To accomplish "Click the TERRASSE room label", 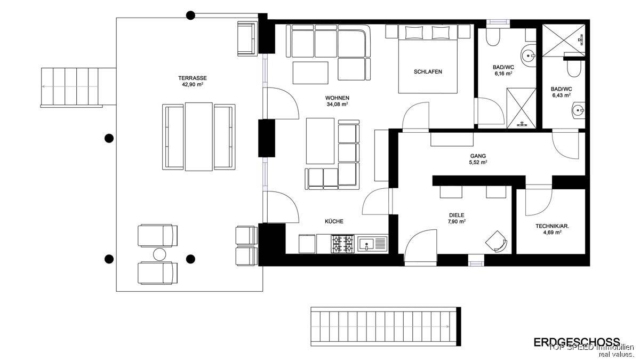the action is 193,78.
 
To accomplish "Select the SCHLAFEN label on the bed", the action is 428,71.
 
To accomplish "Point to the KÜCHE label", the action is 334,221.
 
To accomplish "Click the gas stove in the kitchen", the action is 342,244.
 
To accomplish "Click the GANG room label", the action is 478,156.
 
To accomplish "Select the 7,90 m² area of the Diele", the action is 457,221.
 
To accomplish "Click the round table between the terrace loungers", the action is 159,254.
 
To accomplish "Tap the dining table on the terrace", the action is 198,137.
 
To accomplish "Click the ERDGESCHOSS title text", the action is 577,342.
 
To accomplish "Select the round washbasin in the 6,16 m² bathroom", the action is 529,55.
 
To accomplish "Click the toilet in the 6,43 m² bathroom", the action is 574,69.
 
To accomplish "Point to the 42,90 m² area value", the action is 193,85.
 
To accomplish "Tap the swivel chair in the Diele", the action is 496,242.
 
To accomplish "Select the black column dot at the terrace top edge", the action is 190,15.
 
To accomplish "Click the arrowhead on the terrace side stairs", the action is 43,86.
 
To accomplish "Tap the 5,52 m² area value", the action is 478,162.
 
